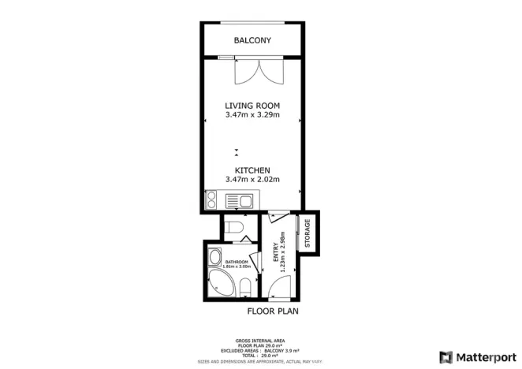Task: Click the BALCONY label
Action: coord(252,40)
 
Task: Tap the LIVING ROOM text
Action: coord(252,106)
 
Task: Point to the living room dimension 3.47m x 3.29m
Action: coord(252,116)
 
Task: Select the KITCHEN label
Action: coord(252,170)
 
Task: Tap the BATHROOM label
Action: coord(237,262)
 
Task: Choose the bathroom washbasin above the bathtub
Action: coord(215,257)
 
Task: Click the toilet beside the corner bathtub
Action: coord(244,285)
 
